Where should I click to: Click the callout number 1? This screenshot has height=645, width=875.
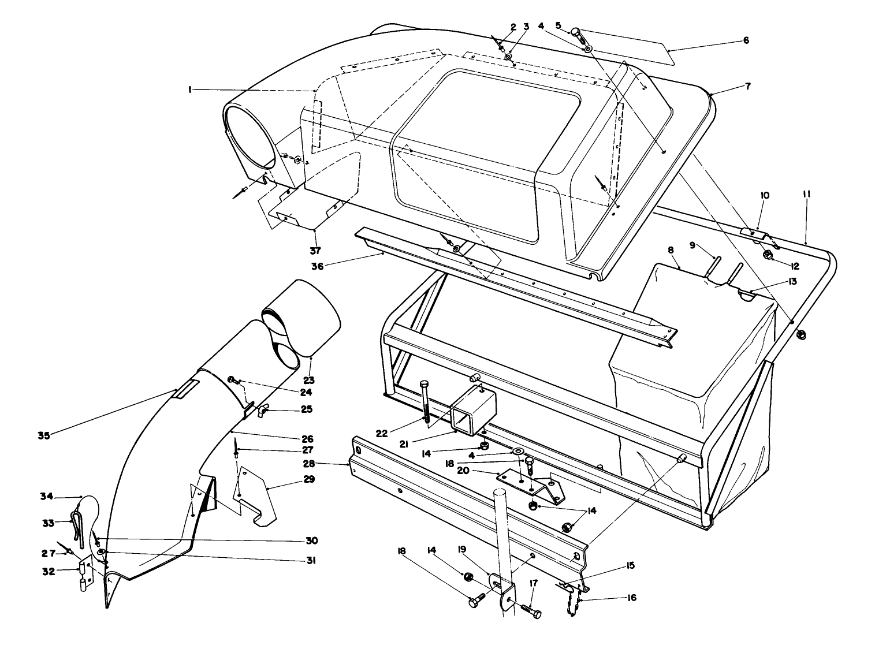point(189,90)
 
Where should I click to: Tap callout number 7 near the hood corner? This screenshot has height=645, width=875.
point(747,87)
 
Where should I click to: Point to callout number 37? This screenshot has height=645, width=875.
point(315,250)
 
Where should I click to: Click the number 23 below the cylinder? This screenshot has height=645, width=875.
point(309,380)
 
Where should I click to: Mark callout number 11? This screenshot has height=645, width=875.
point(806,195)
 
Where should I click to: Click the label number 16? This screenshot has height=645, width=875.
point(631,598)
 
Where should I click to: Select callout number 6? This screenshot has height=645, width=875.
point(746,40)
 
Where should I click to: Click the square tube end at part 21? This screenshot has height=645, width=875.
point(466,418)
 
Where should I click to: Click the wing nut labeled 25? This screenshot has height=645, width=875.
point(265,411)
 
